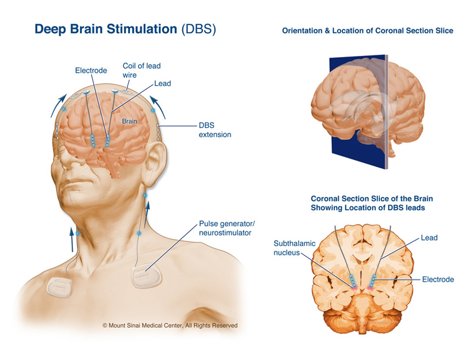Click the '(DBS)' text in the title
point(198,29)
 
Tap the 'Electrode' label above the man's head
point(91,71)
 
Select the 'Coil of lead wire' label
point(141,70)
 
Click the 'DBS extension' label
point(215,129)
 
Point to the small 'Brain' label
point(129,121)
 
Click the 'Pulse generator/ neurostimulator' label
point(227,228)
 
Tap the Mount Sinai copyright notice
point(170,325)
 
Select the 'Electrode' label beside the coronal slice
point(437,279)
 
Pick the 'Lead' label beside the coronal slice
point(429,238)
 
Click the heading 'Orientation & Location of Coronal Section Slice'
point(367,31)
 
